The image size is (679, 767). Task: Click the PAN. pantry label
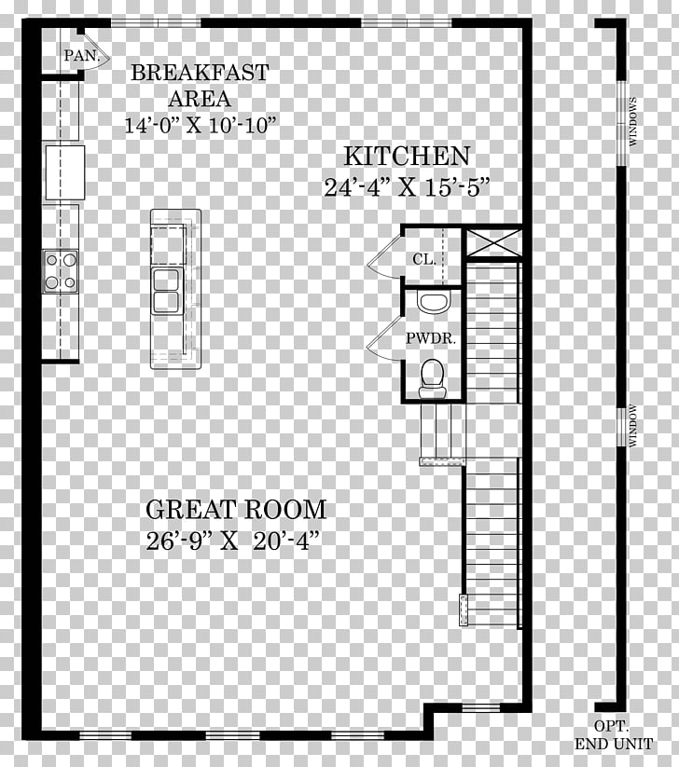(82, 56)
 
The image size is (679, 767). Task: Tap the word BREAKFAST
(200, 73)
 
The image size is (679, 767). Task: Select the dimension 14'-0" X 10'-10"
(201, 125)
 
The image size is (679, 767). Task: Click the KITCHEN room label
(407, 157)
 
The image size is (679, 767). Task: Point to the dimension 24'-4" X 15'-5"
(408, 187)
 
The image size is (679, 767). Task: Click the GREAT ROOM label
(236, 510)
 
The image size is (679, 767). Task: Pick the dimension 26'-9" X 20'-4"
(233, 541)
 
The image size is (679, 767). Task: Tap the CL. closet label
(424, 259)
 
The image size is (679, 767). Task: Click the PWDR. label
(431, 338)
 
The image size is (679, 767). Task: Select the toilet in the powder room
(432, 377)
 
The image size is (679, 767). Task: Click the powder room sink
(434, 302)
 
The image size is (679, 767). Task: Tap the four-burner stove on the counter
(61, 271)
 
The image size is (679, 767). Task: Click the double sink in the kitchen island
(166, 291)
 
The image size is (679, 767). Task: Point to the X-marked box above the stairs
(493, 241)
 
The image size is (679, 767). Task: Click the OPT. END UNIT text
(614, 735)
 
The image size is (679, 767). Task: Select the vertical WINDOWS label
(633, 121)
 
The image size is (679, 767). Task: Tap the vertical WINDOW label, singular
(633, 425)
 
